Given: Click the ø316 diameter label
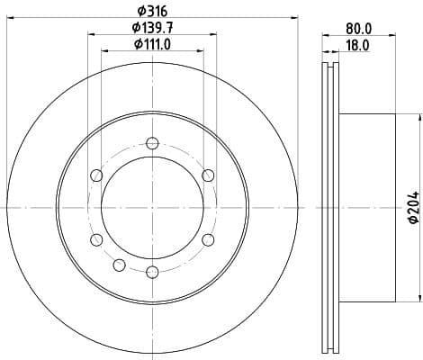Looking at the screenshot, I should [x=149, y=10].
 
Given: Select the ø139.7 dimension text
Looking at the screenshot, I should [x=149, y=27].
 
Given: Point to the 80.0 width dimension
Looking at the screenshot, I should [x=358, y=27].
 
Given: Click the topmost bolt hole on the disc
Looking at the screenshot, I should [x=151, y=142].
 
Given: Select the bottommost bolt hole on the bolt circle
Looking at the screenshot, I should [x=151, y=271].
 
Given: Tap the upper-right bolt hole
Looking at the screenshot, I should [x=208, y=175].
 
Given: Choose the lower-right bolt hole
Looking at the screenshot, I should [x=208, y=239].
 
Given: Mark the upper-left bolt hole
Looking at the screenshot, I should [x=95, y=175].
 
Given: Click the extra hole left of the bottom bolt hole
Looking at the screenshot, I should [x=119, y=264].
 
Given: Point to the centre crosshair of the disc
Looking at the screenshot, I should [x=151, y=207].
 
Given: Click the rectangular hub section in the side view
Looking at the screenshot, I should [x=367, y=207].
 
